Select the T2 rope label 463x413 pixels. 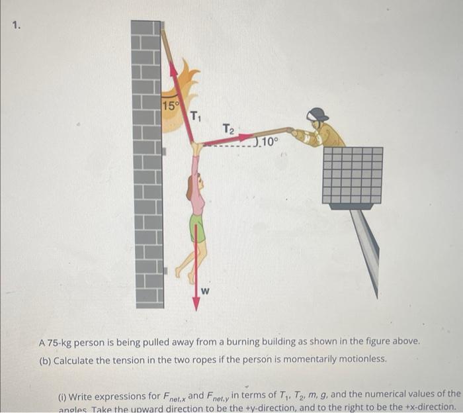point(228,128)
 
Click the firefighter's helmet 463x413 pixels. point(318,115)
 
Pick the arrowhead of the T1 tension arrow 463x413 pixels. point(174,68)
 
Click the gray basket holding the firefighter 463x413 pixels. point(353,175)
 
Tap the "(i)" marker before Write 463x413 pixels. point(63,396)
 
